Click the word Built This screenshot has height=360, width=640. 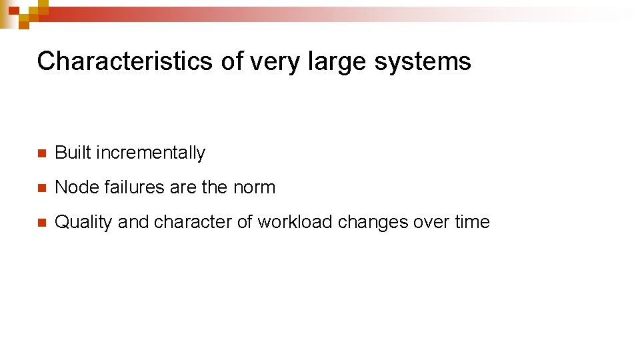pos(73,153)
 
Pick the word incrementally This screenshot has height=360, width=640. pos(151,153)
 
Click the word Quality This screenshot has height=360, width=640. pos(83,223)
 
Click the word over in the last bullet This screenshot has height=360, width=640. pos(431,222)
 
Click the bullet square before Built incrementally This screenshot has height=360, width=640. pos(41,153)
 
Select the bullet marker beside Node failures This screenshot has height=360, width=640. pos(41,188)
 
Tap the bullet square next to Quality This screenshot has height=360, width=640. pos(41,223)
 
